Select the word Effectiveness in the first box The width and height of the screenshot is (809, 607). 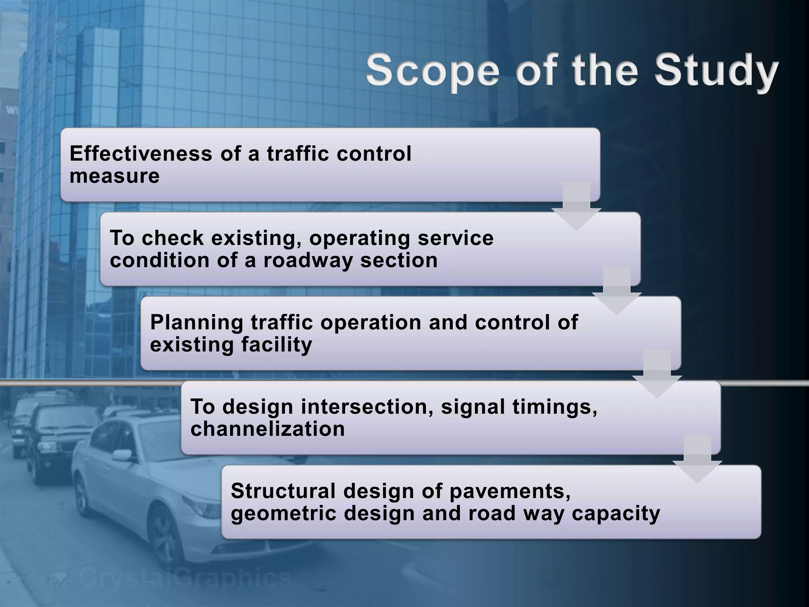pos(141,153)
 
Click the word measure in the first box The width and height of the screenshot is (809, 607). pos(115,176)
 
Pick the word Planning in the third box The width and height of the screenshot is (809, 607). pos(196,323)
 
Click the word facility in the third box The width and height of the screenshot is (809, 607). pos(277,345)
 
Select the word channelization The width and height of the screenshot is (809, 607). pos(267,429)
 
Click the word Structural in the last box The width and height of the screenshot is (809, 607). pos(283,491)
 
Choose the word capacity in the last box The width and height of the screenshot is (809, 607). pos(616,513)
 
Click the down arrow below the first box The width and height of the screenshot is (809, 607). pos(576,207)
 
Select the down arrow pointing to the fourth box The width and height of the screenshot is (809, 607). pos(657,375)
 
